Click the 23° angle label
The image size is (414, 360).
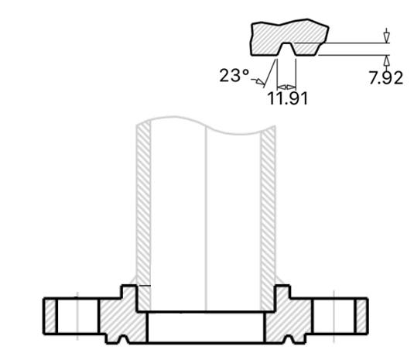point(234,75)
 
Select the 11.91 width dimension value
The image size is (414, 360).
point(286,98)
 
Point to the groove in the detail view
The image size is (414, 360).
point(286,50)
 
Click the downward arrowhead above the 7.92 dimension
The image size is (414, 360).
point(386,36)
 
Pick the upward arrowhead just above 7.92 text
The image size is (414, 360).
point(386,60)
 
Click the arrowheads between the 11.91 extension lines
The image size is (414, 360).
point(286,86)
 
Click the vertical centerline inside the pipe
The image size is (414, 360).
point(206,209)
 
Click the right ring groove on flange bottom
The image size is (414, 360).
point(291,338)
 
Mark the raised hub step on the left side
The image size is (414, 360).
point(128,295)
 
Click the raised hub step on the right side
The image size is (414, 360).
point(282,295)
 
